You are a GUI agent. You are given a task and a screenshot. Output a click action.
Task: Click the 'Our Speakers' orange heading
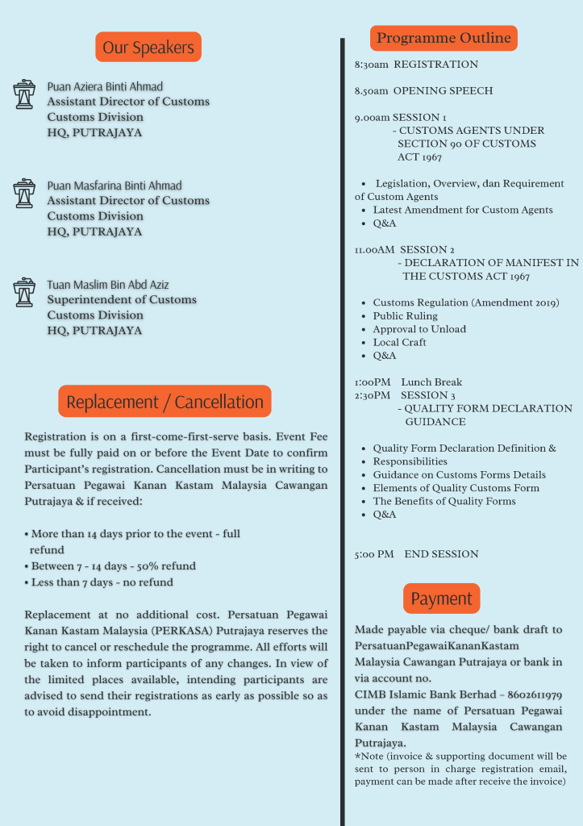click(x=148, y=48)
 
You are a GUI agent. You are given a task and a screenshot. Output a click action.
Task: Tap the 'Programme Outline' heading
click(x=443, y=38)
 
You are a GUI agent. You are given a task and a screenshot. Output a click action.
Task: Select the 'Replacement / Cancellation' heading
click(x=164, y=402)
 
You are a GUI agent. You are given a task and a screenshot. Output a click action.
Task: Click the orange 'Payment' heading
click(x=441, y=599)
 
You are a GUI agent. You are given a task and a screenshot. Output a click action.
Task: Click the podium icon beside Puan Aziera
click(x=24, y=94)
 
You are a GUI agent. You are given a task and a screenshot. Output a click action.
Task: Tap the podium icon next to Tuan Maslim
click(x=24, y=292)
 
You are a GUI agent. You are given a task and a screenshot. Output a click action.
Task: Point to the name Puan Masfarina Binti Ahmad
click(x=115, y=186)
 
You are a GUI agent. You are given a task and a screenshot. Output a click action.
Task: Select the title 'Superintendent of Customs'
click(x=122, y=299)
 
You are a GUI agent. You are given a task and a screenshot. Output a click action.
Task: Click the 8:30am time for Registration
click(x=371, y=65)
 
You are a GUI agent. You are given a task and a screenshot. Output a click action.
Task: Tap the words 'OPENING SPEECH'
click(x=443, y=91)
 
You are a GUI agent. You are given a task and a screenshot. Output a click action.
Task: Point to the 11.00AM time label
click(x=374, y=250)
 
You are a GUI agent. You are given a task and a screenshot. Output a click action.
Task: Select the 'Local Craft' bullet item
click(x=399, y=342)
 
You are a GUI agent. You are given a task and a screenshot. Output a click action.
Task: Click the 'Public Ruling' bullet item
click(x=405, y=316)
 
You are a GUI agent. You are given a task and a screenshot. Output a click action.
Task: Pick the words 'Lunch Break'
click(x=431, y=382)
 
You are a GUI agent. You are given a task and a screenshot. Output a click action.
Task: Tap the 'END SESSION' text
click(x=441, y=554)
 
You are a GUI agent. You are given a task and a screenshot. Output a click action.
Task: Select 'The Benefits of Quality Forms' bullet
click(x=444, y=501)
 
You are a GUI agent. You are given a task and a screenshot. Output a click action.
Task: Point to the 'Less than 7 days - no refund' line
click(x=102, y=582)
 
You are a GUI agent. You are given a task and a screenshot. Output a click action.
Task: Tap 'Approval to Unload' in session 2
click(x=419, y=329)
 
